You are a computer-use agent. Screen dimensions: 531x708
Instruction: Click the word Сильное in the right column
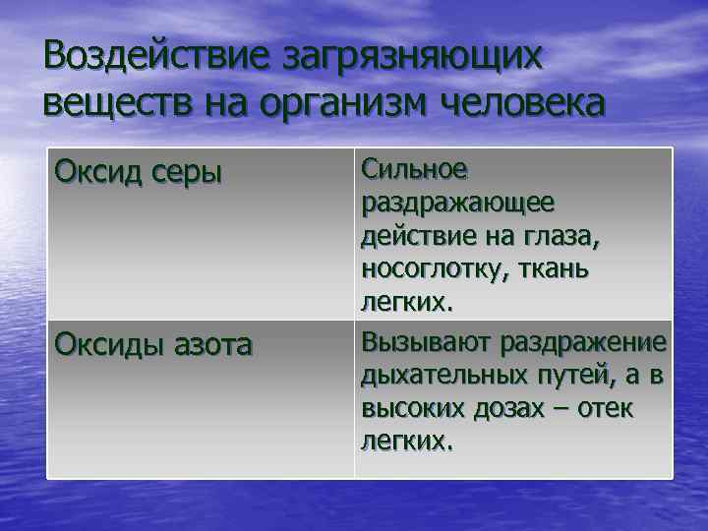[x=414, y=170]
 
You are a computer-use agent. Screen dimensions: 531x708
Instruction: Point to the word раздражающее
[x=457, y=204]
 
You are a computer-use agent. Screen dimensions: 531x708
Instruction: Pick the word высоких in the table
[x=406, y=409]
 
